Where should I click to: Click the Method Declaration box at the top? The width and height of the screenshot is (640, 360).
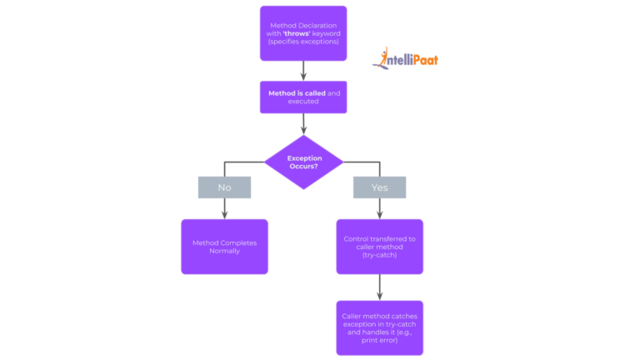(x=303, y=33)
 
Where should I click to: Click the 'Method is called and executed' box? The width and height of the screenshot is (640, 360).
(x=303, y=97)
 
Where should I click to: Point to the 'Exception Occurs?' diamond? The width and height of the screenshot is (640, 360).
(x=304, y=162)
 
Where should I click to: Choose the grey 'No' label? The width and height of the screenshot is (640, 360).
(x=224, y=187)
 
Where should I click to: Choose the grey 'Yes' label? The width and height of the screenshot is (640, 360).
(x=379, y=187)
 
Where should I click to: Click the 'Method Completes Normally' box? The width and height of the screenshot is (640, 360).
(x=224, y=247)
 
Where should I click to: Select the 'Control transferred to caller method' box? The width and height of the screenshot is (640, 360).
(x=379, y=247)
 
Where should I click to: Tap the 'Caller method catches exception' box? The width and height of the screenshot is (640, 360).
(x=379, y=327)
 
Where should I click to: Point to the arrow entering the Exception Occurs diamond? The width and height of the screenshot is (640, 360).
(x=303, y=124)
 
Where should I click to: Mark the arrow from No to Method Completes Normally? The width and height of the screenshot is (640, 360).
(x=224, y=208)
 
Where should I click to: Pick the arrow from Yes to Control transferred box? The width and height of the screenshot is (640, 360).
(x=379, y=208)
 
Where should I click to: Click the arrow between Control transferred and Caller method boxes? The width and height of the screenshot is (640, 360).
(x=379, y=287)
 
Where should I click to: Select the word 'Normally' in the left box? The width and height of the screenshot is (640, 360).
(x=224, y=251)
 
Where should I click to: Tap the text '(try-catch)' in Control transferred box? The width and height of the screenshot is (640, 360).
(x=379, y=255)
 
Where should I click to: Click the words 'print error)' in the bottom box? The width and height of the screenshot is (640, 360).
(x=379, y=340)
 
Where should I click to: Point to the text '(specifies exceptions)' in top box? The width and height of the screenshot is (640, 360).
(x=303, y=42)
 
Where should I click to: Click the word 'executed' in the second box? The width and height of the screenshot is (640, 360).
(x=303, y=102)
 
